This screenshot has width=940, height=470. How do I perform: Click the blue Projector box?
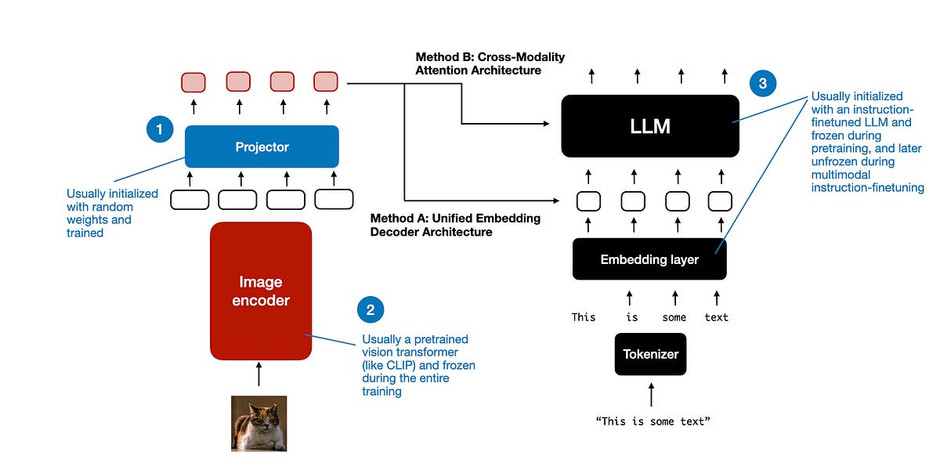(262, 146)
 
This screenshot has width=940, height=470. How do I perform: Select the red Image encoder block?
(261, 291)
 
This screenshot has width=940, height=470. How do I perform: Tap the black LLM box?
(649, 126)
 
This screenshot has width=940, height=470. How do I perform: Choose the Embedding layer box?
(649, 259)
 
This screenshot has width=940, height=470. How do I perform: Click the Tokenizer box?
(650, 354)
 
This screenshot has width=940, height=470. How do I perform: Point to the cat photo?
(258, 423)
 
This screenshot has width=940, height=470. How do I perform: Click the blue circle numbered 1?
(160, 129)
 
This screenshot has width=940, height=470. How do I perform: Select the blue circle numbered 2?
(370, 309)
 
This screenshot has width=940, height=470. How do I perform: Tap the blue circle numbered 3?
(762, 83)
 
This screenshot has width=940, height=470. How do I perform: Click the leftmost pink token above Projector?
(193, 82)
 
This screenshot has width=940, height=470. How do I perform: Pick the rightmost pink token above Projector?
(326, 81)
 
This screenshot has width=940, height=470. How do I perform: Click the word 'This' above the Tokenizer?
(584, 317)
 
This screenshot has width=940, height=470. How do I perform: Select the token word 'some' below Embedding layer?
(674, 317)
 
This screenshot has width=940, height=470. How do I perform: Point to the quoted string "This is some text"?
(652, 421)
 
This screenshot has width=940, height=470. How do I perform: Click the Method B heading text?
(490, 63)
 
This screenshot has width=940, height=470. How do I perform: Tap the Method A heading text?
(455, 225)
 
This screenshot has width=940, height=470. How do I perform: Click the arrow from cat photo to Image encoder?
(259, 375)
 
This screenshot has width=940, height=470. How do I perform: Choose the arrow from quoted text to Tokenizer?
(650, 393)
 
